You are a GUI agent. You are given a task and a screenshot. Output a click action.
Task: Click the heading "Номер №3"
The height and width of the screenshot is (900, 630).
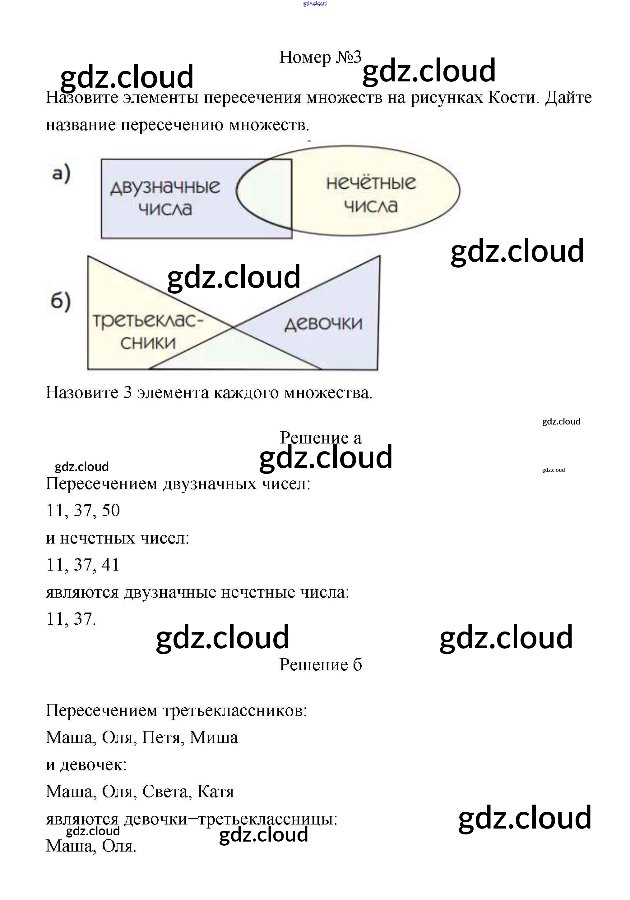click(x=320, y=57)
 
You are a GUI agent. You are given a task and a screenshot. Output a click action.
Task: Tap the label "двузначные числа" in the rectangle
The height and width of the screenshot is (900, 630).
click(x=165, y=198)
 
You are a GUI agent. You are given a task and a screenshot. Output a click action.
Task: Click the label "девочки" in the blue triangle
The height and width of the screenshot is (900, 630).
click(x=323, y=324)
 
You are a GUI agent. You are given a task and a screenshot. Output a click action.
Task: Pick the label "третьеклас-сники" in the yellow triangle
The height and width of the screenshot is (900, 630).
click(x=148, y=332)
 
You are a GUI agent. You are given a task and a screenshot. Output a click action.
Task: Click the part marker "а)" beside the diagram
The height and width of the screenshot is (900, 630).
click(x=61, y=174)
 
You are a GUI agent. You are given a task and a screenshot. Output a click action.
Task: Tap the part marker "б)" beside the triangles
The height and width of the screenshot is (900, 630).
click(x=61, y=301)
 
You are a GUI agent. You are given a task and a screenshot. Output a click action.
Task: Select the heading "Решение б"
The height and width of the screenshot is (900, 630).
click(x=320, y=664)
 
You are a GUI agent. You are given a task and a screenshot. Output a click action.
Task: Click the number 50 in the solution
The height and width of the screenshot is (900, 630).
click(x=111, y=510)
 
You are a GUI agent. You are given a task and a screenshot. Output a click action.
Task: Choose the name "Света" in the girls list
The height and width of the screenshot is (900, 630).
click(x=164, y=792)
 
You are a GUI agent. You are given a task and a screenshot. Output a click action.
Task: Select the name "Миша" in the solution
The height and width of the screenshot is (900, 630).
click(x=214, y=737)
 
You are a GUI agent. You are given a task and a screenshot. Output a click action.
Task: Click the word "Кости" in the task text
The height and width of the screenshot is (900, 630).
click(x=511, y=98)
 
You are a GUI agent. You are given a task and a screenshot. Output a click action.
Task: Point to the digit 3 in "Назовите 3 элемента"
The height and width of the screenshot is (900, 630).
click(x=127, y=393)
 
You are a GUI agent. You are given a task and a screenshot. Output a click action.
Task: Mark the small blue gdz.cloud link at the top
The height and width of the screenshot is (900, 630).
click(x=315, y=3)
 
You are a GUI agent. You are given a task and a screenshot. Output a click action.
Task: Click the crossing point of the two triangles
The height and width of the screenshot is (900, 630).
click(x=233, y=327)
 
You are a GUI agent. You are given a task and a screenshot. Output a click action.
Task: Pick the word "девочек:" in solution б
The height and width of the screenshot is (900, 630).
click(x=93, y=765)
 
